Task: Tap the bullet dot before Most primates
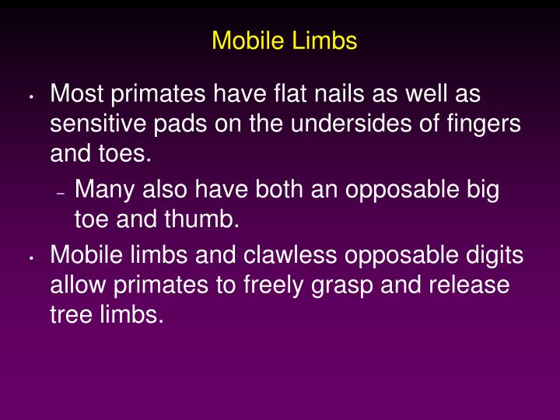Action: click(29, 99)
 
